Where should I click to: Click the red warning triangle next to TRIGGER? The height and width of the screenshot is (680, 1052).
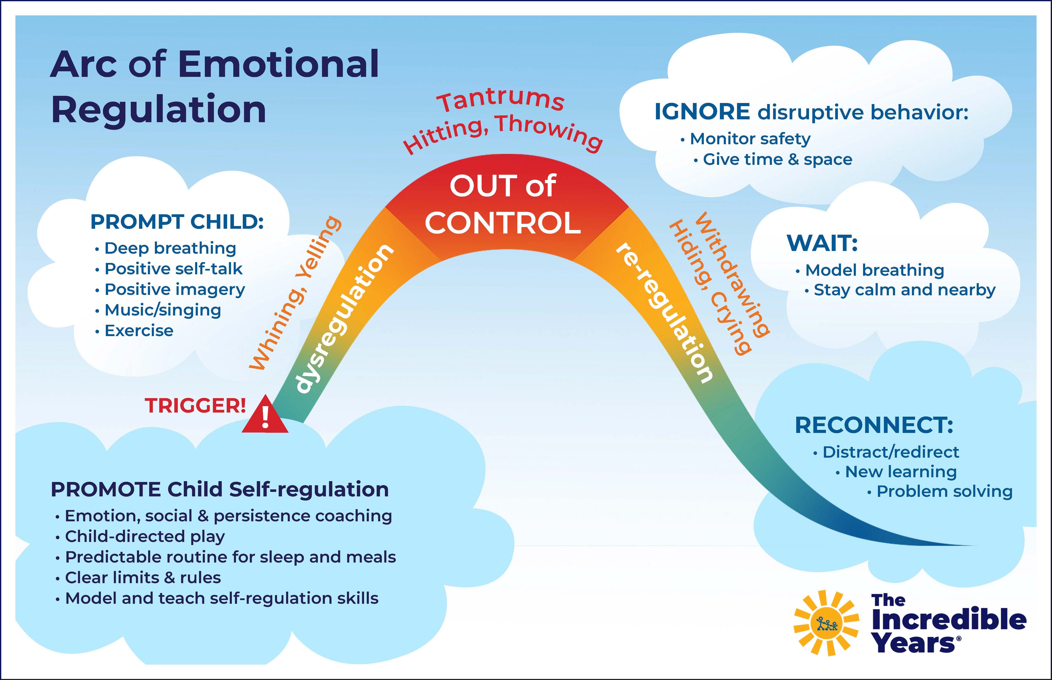(x=265, y=417)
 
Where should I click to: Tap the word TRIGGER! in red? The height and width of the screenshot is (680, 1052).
(x=195, y=405)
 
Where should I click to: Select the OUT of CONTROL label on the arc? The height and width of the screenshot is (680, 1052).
(x=503, y=205)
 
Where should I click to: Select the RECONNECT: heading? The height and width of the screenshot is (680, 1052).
(x=874, y=425)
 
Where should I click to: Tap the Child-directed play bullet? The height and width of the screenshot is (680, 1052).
(x=145, y=536)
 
